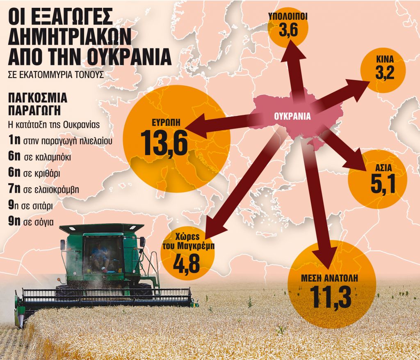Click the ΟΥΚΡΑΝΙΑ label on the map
tap(292, 115)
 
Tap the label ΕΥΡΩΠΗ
tap(166, 122)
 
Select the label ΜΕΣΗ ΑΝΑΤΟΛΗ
tap(331, 278)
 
